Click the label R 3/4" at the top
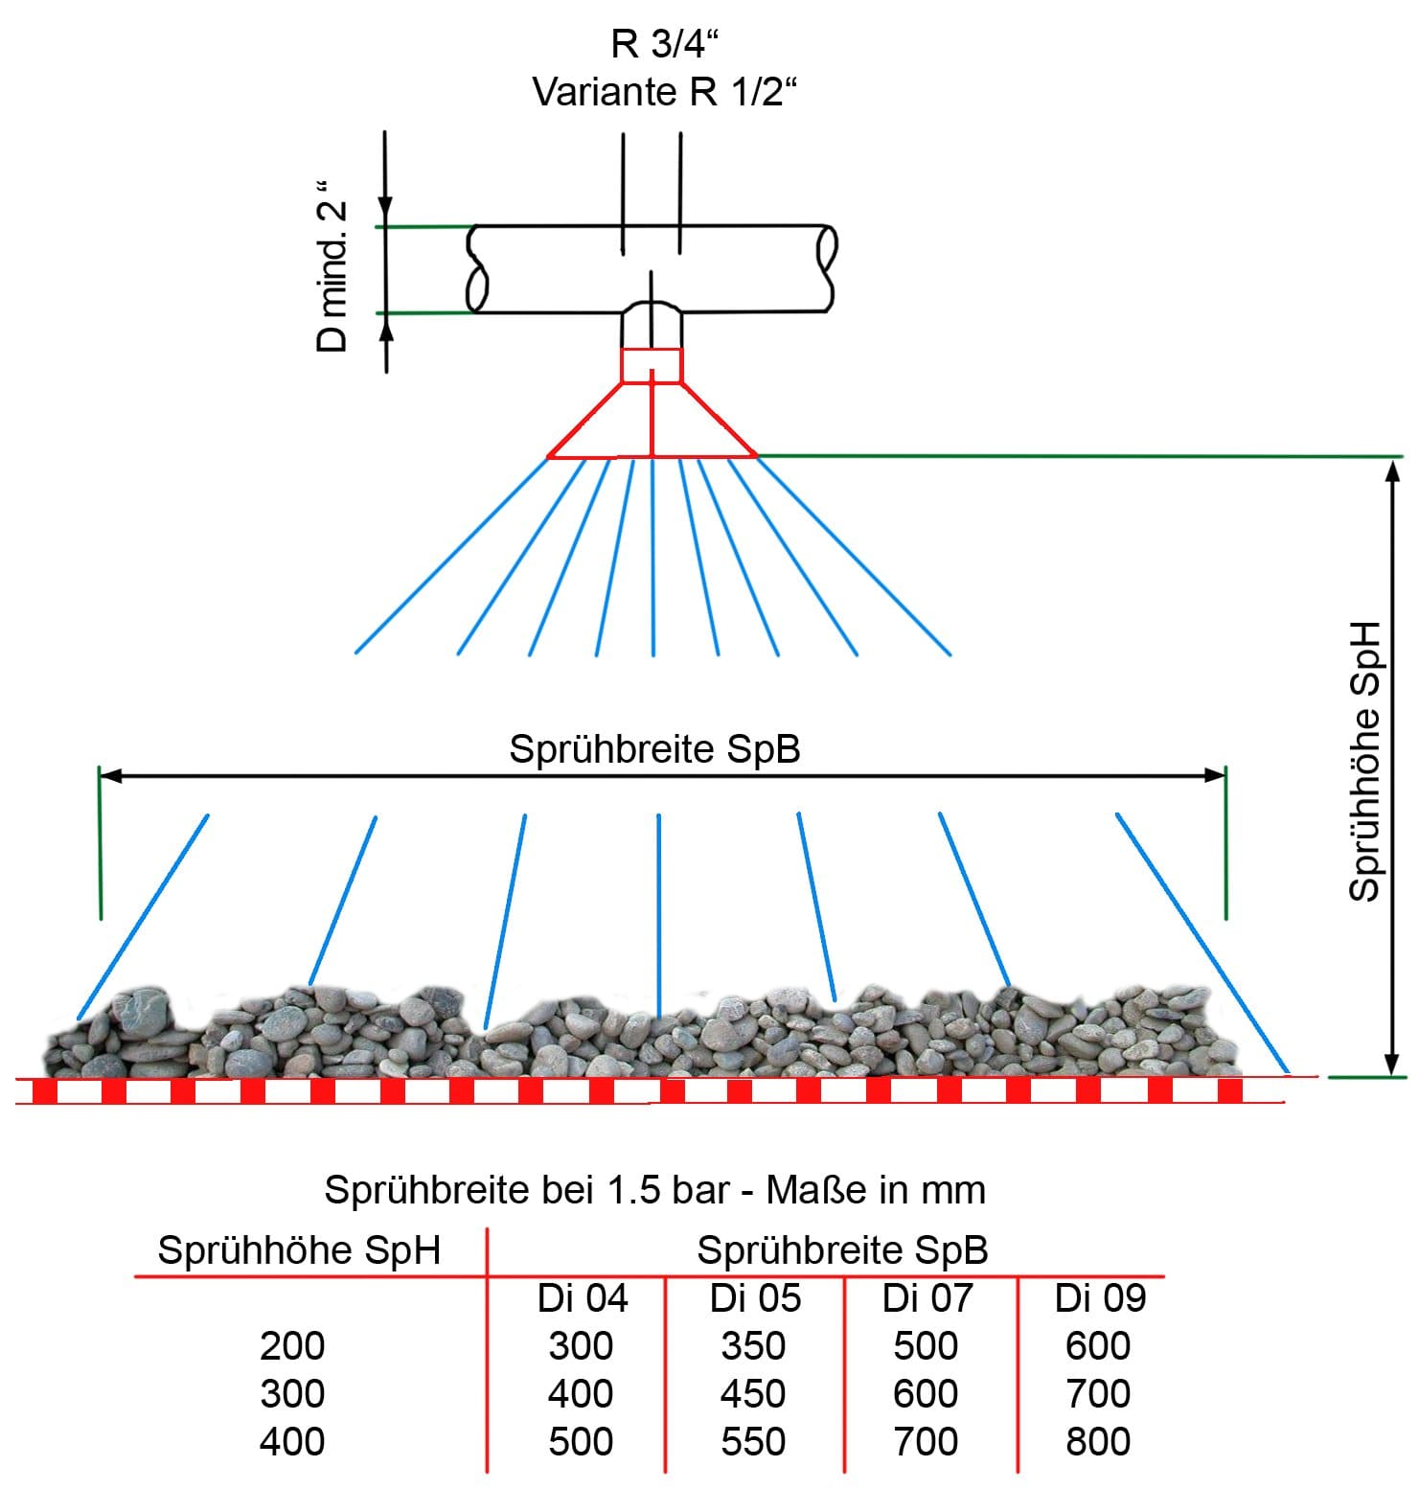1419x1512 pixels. [x=664, y=44]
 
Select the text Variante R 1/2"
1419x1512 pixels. [x=664, y=93]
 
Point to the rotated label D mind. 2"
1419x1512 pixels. [x=332, y=276]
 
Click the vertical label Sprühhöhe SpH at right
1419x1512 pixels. [x=1364, y=762]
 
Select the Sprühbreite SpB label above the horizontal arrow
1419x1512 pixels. [x=654, y=749]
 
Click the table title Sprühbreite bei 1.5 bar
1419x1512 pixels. [x=654, y=1190]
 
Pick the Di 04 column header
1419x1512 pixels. [x=582, y=1298]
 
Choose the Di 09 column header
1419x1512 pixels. [x=1099, y=1298]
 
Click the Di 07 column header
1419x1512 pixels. [x=927, y=1298]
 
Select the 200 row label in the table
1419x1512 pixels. [x=292, y=1346]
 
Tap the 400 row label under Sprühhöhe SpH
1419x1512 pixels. [x=292, y=1442]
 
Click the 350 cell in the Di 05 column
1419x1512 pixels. [x=753, y=1346]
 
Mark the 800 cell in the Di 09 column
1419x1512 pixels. [x=1098, y=1442]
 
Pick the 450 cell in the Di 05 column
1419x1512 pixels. [x=753, y=1394]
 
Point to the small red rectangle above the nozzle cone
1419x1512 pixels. [x=652, y=365]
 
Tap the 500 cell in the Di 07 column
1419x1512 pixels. [x=926, y=1346]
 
